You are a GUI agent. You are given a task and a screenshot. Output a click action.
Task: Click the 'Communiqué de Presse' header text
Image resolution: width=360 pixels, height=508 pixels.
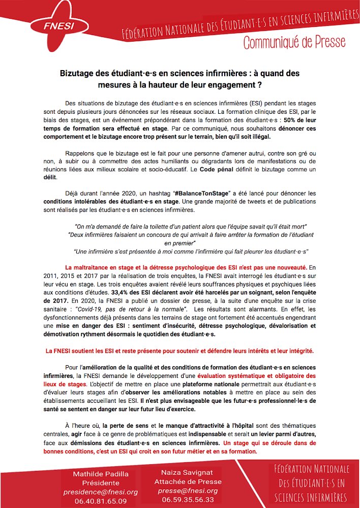294,43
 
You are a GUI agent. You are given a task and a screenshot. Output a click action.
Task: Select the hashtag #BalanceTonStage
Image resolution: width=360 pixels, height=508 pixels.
204,194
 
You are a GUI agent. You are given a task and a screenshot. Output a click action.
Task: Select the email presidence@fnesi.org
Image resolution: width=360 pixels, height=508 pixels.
100,492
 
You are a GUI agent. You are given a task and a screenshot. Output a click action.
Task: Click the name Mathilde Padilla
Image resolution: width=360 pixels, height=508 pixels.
100,474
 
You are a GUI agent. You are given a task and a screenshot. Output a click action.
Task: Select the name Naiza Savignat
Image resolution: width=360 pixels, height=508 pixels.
187,472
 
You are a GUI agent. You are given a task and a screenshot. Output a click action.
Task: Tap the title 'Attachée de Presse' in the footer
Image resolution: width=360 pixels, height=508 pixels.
187,482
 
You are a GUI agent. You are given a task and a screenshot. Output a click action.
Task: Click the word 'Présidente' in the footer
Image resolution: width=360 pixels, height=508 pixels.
100,483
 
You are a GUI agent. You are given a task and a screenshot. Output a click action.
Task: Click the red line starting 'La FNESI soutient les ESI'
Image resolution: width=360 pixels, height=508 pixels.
179,351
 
